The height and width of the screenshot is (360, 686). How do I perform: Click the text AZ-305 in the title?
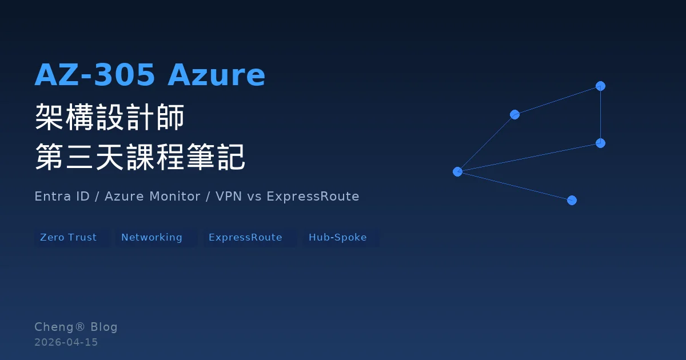pos(94,75)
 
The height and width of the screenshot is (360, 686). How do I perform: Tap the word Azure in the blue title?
pos(216,75)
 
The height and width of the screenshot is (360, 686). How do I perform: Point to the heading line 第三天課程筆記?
pos(140,157)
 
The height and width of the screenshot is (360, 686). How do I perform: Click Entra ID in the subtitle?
pos(62,197)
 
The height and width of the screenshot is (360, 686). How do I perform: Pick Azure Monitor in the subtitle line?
pos(152,197)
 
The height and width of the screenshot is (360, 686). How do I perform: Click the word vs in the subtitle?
pos(254,197)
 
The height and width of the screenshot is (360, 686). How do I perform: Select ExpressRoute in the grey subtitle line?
pos(313,197)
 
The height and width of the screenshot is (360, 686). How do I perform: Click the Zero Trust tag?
pos(69,238)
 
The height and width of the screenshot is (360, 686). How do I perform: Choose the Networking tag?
pos(151,238)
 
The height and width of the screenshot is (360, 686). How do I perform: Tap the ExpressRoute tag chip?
pos(245,238)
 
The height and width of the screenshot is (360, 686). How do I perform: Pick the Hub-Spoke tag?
pos(338,238)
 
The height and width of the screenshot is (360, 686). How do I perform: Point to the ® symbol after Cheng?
pos(80,327)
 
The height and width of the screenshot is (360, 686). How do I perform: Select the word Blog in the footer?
pos(104,327)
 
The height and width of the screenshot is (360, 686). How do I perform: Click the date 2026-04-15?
pos(66,342)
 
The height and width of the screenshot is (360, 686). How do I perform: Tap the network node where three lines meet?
pos(457,171)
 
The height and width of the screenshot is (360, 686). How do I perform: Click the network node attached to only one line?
pos(572,200)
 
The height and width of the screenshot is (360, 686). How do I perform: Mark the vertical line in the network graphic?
pos(600,114)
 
